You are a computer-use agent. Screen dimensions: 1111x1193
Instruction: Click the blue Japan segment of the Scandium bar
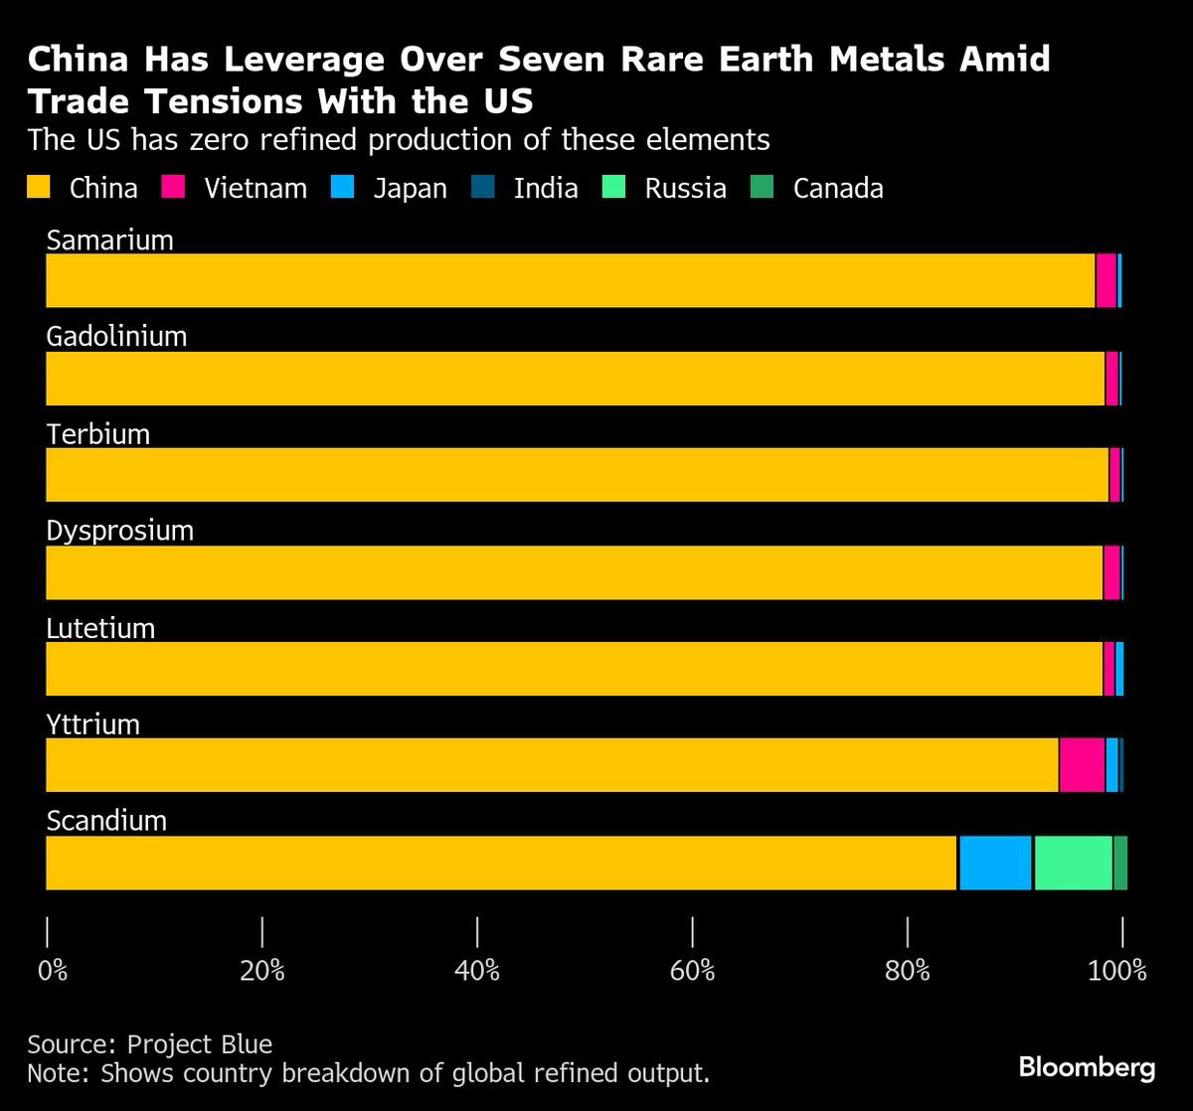point(995,863)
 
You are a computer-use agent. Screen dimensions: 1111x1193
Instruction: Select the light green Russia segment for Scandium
point(1073,863)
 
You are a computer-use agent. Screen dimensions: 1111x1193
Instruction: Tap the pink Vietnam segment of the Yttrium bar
point(1082,765)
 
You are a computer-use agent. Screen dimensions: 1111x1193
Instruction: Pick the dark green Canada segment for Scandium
point(1120,863)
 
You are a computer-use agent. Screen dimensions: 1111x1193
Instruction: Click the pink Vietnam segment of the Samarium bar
point(1106,280)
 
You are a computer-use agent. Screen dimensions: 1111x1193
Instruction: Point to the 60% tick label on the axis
point(692,971)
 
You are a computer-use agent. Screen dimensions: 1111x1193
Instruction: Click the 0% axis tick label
point(53,971)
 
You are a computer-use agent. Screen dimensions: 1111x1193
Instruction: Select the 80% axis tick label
point(907,971)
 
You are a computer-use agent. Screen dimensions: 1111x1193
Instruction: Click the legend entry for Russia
point(684,188)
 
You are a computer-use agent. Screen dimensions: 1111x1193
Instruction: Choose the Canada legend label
point(837,188)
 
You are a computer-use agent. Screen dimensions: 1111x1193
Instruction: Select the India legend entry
point(545,188)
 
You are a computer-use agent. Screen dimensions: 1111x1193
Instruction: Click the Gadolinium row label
point(116,336)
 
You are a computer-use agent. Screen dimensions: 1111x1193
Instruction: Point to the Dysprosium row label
point(119,531)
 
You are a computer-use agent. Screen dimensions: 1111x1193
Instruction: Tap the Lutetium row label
point(100,628)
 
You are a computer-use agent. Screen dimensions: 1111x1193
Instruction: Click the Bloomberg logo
point(1087,1068)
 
